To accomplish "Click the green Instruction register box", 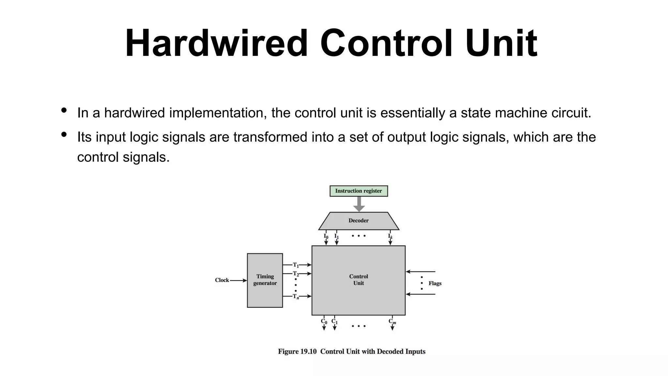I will [x=358, y=191].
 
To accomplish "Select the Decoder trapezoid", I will [x=358, y=221].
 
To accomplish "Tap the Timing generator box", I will [x=265, y=280].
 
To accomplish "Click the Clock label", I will [x=222, y=280].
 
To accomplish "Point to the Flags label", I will [x=435, y=283].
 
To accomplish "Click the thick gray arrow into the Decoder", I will [x=359, y=204].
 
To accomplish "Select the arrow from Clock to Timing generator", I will [x=238, y=280].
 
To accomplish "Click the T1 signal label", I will [x=296, y=265].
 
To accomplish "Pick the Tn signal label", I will [x=296, y=297].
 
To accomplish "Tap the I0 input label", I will [x=326, y=236].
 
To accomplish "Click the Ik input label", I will [x=390, y=236].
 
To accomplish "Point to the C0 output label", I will [x=324, y=321].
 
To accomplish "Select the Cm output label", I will [x=392, y=321].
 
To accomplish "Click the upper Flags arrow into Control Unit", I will [x=420, y=272].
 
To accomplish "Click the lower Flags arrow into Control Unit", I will [x=420, y=294].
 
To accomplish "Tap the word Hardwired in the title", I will [x=216, y=43].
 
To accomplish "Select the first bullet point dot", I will [x=64, y=110].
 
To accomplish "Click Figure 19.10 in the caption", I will [x=297, y=352].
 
